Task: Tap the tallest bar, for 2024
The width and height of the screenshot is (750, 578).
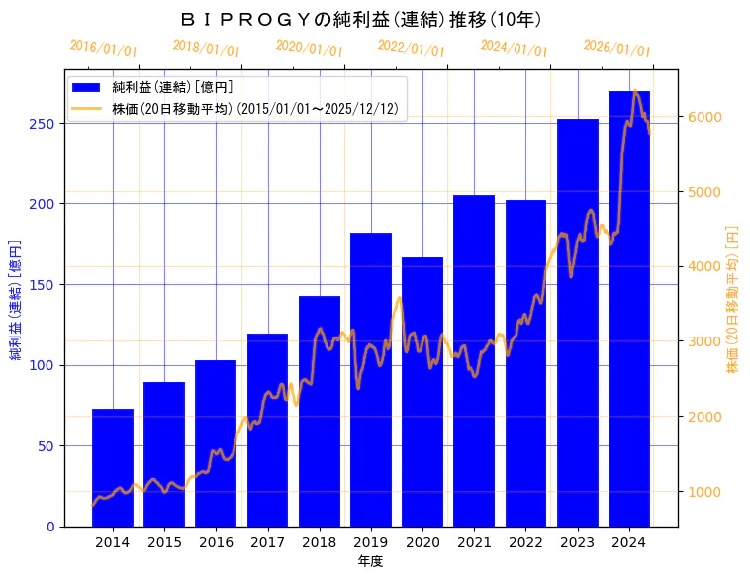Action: click(629, 308)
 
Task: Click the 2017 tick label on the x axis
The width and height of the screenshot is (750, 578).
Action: click(267, 542)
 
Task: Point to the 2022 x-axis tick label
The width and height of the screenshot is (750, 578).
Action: click(525, 542)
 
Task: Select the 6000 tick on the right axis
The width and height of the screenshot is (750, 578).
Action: click(706, 117)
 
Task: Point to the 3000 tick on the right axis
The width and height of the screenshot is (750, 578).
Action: click(706, 341)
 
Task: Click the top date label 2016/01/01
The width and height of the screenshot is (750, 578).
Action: click(104, 48)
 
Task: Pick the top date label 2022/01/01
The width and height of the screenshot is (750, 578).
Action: click(412, 48)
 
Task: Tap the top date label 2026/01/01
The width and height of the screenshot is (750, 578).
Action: click(616, 48)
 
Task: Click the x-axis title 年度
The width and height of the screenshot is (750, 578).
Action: click(371, 561)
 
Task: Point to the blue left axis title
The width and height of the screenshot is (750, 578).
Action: click(16, 298)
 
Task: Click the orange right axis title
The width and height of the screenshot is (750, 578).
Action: click(733, 298)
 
